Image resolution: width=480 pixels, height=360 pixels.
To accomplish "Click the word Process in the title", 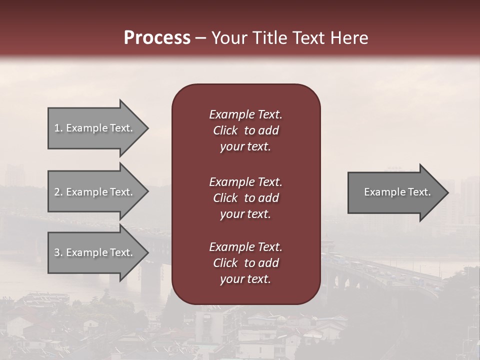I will (x=157, y=38).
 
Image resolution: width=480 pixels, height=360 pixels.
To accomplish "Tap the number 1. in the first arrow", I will (x=58, y=128).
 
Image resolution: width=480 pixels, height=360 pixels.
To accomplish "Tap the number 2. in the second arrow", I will (x=58, y=192).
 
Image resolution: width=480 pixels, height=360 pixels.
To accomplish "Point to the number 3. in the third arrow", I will (x=58, y=252).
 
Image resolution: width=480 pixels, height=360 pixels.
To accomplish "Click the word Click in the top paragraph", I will (x=225, y=130).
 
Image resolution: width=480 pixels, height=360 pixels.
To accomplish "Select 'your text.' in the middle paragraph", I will (x=245, y=214).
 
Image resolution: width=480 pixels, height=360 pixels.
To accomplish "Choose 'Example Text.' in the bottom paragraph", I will (x=245, y=247).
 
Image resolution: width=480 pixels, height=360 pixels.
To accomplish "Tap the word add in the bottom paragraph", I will (x=268, y=263).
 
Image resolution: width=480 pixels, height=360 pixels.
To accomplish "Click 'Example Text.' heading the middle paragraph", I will (x=245, y=181).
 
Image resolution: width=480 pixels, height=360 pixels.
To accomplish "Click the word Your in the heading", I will (x=229, y=38).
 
